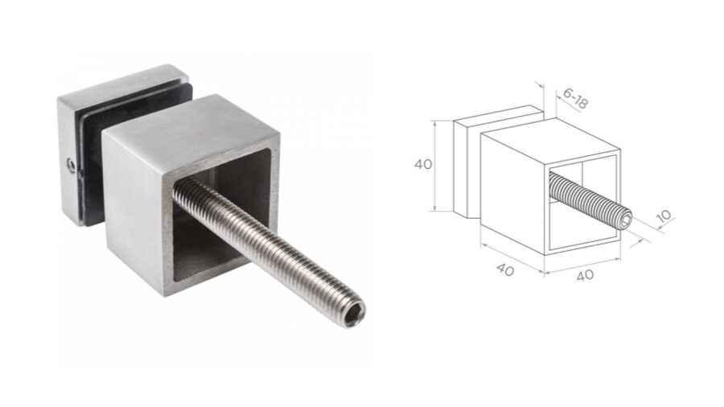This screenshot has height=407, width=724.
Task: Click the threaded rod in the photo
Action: (265, 249)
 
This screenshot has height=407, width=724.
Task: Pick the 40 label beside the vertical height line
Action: (423, 164)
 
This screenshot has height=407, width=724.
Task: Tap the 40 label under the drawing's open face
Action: (585, 274)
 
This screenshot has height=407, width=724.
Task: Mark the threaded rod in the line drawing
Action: (587, 199)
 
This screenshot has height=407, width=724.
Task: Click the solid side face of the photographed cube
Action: (133, 213)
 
